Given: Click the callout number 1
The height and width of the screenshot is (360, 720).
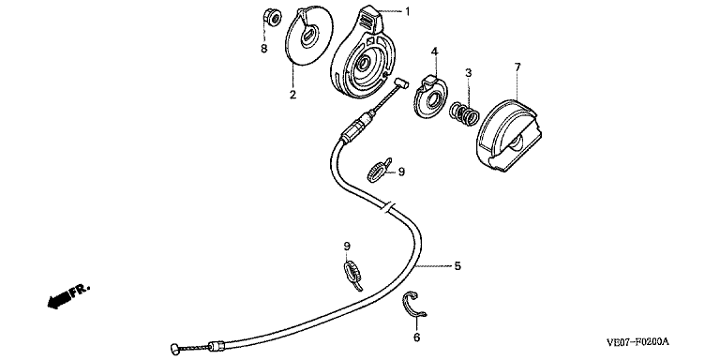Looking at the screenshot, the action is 407,11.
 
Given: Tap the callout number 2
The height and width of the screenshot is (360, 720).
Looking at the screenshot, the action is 292,95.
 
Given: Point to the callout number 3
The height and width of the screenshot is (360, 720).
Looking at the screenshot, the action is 468,72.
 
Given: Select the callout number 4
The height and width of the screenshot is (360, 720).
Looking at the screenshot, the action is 434,52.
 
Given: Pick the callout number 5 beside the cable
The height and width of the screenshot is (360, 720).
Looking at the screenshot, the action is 457,266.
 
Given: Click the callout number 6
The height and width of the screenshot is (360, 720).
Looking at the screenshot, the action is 416,337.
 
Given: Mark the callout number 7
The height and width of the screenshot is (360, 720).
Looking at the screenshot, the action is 517,67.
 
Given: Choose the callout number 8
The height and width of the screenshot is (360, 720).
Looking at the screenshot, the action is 264,48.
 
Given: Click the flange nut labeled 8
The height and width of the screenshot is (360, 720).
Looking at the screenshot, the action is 272,18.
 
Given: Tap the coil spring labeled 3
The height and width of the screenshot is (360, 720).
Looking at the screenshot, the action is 464,113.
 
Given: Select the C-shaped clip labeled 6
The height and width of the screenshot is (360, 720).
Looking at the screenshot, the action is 415,304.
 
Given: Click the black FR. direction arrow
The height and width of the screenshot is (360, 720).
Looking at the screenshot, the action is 59,300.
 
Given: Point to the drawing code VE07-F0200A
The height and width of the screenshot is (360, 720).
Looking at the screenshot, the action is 637,342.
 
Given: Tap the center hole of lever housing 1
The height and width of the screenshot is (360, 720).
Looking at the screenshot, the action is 365,64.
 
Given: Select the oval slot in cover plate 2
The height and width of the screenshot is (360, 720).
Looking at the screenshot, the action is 309,36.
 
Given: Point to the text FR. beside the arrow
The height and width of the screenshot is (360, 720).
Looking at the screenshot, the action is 81,291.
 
